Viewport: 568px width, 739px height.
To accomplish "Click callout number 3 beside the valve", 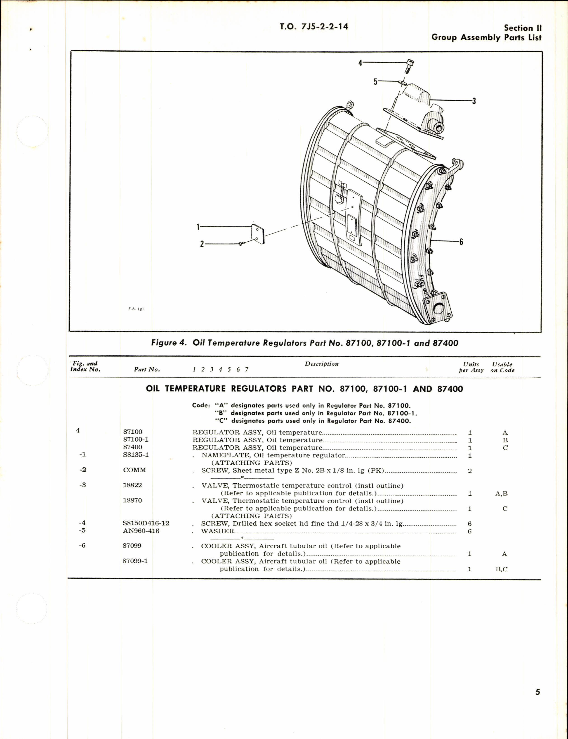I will pos(474,101).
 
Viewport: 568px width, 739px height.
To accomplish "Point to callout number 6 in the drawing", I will pos(461,242).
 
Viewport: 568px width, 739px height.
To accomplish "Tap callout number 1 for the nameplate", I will pos(198,227).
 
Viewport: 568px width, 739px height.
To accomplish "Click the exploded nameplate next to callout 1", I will pos(258,233).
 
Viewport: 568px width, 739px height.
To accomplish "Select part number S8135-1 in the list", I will pos(136,455).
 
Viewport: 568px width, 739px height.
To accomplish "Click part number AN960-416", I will pos(141,531).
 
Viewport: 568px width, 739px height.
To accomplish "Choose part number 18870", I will pos(132,500).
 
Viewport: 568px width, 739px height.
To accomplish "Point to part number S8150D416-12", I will pos(146,523).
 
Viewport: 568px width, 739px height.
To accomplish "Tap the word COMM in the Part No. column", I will pos(134,470).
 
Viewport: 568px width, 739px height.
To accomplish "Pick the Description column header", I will pos(321,364).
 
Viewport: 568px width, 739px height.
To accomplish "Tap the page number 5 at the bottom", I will pos(537,692).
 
